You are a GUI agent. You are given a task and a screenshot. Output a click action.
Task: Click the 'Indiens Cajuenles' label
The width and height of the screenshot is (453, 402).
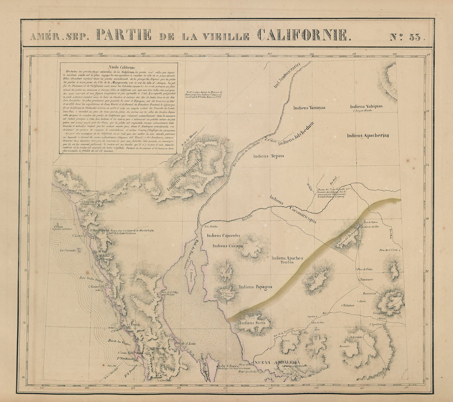coord(223,235)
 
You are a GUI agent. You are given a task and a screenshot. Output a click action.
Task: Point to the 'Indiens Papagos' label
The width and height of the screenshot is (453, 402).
coord(255,287)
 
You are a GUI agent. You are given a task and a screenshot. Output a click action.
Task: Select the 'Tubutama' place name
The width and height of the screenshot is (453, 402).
coord(349,305)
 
